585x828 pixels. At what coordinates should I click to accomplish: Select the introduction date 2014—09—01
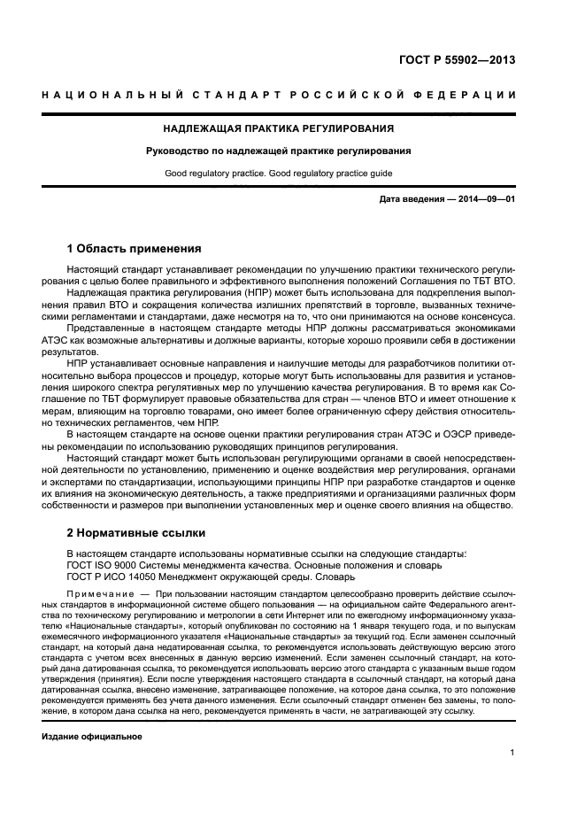[x=485, y=199]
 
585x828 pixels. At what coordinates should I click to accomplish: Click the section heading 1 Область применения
[x=135, y=248]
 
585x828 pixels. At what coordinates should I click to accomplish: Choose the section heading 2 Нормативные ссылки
[x=136, y=533]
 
